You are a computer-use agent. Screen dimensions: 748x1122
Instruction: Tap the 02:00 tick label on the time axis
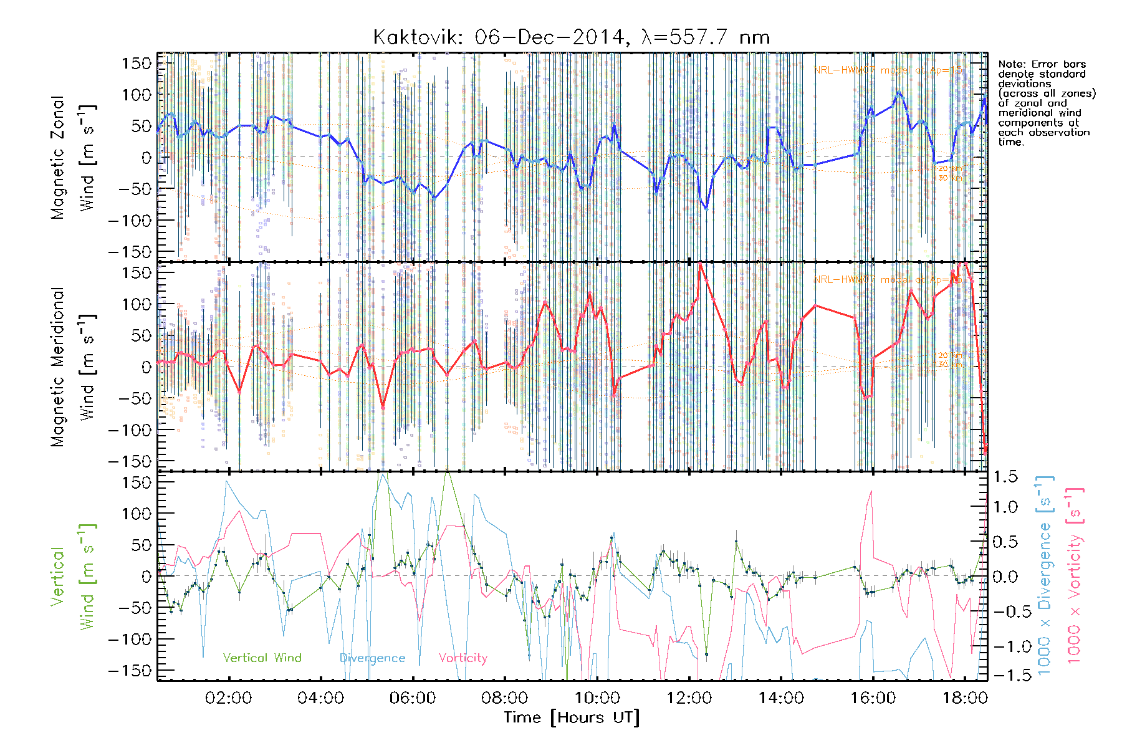coord(228,698)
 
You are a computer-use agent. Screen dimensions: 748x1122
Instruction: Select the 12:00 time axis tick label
coord(689,698)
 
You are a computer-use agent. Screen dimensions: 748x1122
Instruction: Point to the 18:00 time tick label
coord(965,698)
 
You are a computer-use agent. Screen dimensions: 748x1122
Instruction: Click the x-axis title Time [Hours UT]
coord(572,717)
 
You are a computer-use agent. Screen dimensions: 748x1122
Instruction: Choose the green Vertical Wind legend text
coord(262,658)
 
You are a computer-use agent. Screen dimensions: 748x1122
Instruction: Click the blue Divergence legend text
coord(372,658)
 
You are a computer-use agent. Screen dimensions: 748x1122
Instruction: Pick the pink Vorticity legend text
coord(463,658)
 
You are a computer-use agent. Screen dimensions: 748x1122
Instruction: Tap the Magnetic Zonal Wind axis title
coord(73,157)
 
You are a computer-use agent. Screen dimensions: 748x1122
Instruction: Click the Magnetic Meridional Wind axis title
coord(73,367)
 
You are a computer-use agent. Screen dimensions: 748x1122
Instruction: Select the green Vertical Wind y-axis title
coord(73,577)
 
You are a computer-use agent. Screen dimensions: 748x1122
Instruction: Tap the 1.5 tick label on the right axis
coord(1005,477)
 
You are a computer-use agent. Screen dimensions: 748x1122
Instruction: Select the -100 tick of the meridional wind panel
coord(130,429)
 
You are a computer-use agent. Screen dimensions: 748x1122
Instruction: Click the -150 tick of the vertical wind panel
coord(130,670)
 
